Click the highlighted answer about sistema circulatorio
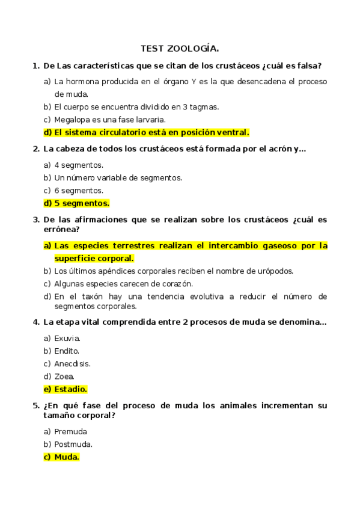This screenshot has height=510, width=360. click(151, 132)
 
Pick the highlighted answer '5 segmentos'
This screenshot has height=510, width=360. click(82, 203)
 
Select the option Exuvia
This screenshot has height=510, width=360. click(67, 338)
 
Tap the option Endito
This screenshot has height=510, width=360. click(67, 351)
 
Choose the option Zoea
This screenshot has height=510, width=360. click(64, 376)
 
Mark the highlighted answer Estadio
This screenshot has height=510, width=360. click(70, 389)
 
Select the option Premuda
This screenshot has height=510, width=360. click(70, 431)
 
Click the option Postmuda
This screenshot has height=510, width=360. click(73, 444)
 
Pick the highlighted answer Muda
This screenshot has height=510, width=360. click(67, 457)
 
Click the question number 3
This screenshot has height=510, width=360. click(35, 220)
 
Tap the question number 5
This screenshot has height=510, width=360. click(35, 405)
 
